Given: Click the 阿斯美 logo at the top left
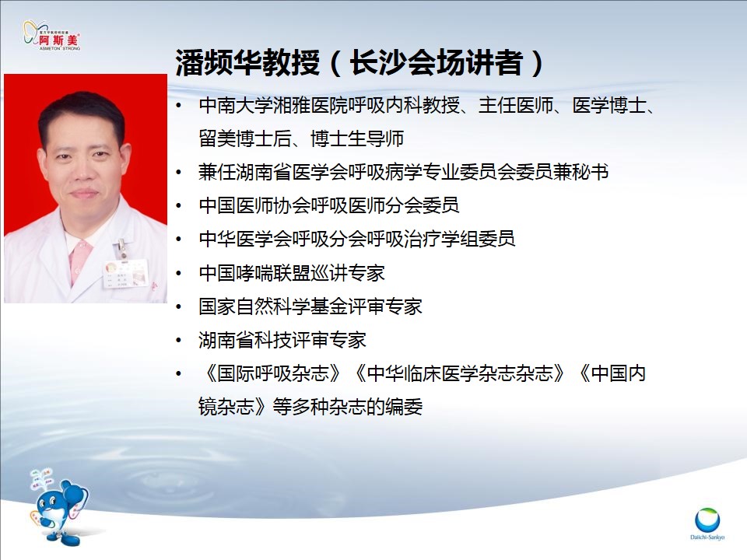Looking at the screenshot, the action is (x=51, y=36).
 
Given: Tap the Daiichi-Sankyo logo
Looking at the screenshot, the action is (x=707, y=523).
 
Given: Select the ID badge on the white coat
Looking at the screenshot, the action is (x=125, y=274).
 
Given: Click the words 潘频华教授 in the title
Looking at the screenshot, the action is (x=247, y=62).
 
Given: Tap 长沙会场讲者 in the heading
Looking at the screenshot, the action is (x=436, y=62).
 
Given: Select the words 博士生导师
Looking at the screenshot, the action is (x=357, y=138).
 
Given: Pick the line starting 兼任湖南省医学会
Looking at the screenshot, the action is (x=404, y=172).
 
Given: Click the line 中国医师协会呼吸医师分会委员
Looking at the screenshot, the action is (x=329, y=205).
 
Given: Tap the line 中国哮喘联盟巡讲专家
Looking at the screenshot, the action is (x=292, y=273).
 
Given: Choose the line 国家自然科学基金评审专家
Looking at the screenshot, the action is (x=310, y=306).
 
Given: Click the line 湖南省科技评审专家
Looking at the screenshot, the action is (x=282, y=340).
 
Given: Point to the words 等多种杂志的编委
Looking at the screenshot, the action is (x=348, y=407).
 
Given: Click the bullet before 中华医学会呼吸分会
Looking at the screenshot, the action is (x=179, y=239).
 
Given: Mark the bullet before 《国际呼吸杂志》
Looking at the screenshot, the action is (x=179, y=373).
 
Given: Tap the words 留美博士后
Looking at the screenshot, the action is (x=245, y=138).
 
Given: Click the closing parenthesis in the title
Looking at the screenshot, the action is (x=537, y=63).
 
